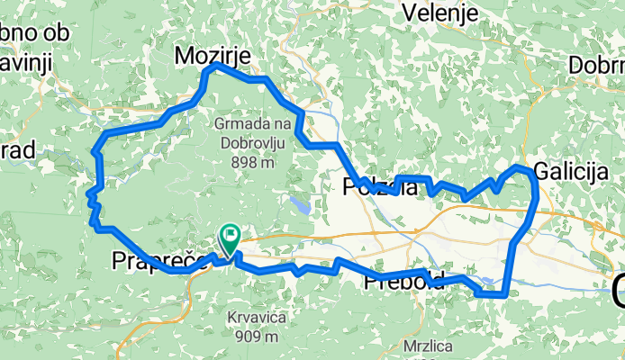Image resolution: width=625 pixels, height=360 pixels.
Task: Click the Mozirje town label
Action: tap(212, 57)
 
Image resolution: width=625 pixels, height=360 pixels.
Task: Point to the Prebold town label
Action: tap(403, 282)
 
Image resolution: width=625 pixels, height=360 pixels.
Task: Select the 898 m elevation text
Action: tap(252, 163)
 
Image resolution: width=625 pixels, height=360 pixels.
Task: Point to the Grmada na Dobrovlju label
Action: tap(253, 132)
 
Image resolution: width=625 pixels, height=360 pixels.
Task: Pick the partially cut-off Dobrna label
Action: tap(596, 66)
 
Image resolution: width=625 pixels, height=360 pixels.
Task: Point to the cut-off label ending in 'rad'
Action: tap(17, 150)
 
